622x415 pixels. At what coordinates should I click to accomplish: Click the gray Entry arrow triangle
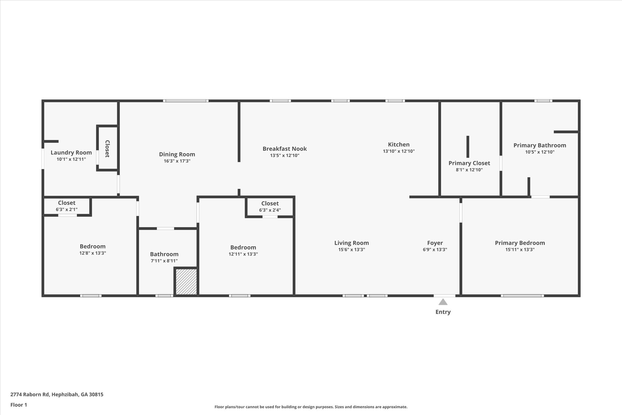(443, 302)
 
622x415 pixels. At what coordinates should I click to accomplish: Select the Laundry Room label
(71, 153)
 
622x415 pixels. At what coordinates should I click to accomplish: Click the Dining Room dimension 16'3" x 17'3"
(177, 161)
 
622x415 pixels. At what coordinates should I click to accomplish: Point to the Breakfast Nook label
(285, 149)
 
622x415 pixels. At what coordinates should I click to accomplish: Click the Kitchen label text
(398, 144)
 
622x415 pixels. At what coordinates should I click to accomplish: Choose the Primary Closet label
(469, 163)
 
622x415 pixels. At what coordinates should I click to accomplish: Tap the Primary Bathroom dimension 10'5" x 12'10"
(540, 152)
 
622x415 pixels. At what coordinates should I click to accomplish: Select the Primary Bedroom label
(520, 243)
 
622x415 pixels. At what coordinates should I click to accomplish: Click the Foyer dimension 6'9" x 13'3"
(435, 250)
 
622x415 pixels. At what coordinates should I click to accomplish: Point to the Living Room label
(351, 243)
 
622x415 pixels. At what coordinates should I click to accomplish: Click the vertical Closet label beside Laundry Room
(107, 149)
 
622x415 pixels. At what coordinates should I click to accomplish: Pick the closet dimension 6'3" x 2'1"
(67, 209)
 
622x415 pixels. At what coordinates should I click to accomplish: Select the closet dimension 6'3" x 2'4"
(270, 210)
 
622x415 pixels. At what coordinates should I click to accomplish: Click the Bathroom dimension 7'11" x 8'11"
(164, 261)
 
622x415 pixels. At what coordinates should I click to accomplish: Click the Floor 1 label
(19, 405)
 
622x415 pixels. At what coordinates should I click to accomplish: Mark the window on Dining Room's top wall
(186, 101)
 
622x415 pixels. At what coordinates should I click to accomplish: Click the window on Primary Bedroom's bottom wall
(522, 296)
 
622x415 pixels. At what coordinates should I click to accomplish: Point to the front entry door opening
(444, 296)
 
